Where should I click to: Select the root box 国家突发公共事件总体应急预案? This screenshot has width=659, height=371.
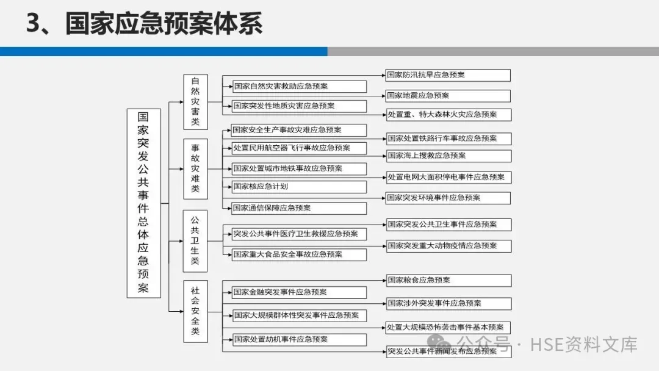coord(143,203)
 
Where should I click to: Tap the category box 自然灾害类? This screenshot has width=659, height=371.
coord(195,101)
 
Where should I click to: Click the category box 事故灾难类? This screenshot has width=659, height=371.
coord(195,168)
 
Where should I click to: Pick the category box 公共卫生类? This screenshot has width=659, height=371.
coord(195,240)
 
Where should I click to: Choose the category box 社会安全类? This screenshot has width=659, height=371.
coord(195,311)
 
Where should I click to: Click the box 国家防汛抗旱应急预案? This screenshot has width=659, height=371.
coord(448,75)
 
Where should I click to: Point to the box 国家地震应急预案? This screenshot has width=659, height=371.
coord(448,96)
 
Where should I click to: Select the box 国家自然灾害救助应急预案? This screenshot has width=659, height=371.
coord(299,87)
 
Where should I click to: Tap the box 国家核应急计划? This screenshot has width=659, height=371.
coord(299,187)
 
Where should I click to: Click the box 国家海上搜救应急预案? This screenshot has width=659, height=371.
coord(448,156)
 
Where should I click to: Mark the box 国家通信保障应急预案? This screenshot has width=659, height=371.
coord(299,208)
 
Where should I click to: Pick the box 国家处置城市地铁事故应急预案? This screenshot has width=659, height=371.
coord(299,168)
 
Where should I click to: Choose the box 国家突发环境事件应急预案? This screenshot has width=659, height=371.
coord(448,198)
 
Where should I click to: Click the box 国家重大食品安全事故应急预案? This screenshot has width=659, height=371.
coord(299,254)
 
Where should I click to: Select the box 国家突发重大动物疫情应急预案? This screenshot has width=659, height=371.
coord(448,246)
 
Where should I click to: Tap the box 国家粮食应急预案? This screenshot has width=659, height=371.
coord(448,280)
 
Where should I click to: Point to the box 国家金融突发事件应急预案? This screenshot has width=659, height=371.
coord(299,292)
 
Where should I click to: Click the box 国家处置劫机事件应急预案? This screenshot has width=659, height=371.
coord(299,339)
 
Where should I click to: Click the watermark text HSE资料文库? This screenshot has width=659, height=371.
coord(584,345)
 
